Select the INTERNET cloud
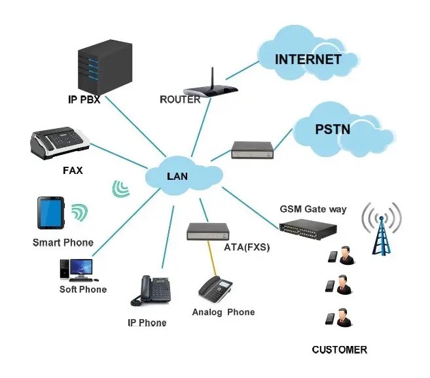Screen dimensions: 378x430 [x=308, y=59]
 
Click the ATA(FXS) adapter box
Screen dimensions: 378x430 [x=209, y=231]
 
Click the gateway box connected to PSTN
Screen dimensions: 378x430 [x=251, y=150]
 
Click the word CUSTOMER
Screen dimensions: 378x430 [x=339, y=350]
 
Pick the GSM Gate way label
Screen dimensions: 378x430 [x=313, y=209]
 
